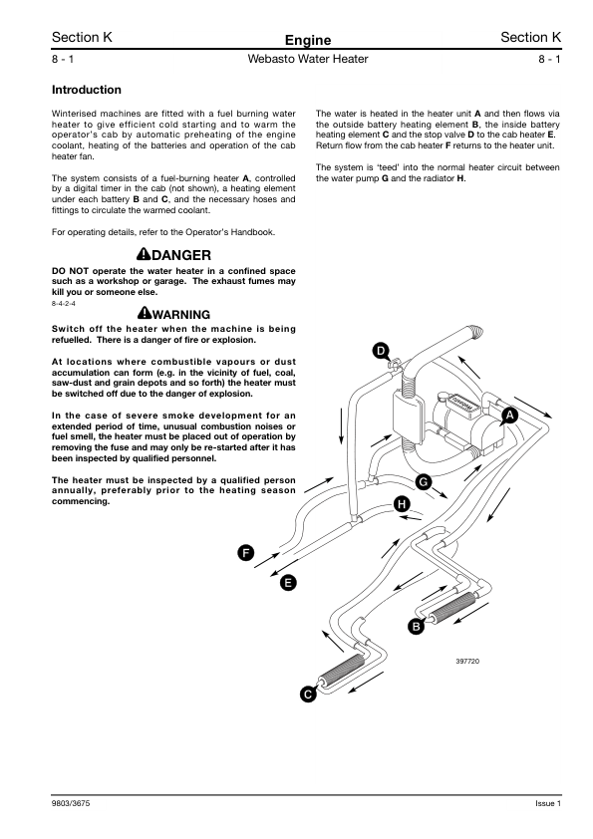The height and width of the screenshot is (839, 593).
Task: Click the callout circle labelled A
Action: tap(509, 416)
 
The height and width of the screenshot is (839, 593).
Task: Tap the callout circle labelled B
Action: tap(416, 626)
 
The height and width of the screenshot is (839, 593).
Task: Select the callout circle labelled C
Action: tap(308, 695)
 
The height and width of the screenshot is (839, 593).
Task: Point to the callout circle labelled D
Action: tap(381, 351)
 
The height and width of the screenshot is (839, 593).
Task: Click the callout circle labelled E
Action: tap(288, 582)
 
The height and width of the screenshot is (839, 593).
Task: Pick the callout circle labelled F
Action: tap(245, 553)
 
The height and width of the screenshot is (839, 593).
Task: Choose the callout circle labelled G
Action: tap(424, 481)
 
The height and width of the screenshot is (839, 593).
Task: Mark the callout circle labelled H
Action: tap(402, 503)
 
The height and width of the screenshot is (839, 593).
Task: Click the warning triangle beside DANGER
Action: tap(144, 254)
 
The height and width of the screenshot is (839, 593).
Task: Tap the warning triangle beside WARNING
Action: tap(145, 313)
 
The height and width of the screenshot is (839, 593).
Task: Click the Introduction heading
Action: tap(86, 90)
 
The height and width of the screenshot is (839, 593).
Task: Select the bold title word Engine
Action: tap(308, 40)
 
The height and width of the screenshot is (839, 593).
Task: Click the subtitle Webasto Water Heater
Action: tap(308, 59)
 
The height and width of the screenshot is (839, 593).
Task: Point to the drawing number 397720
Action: tap(467, 662)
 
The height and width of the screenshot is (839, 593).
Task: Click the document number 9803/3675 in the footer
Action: tap(71, 803)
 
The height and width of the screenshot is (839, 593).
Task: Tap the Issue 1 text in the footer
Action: tap(548, 803)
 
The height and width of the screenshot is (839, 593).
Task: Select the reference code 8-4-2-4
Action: tap(63, 303)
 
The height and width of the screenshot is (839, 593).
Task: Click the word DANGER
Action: tap(181, 255)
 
